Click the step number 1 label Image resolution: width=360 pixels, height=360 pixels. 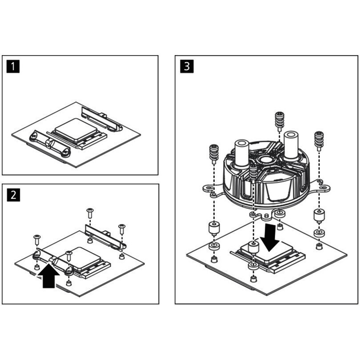pos(14,67)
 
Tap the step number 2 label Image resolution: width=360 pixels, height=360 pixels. pos(14,195)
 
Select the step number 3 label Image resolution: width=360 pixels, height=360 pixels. pos(187,67)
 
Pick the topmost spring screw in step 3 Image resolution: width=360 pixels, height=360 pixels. pos(279,120)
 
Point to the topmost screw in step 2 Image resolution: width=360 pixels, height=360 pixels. pos(90,212)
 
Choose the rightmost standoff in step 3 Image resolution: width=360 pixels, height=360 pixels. pos(319,216)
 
